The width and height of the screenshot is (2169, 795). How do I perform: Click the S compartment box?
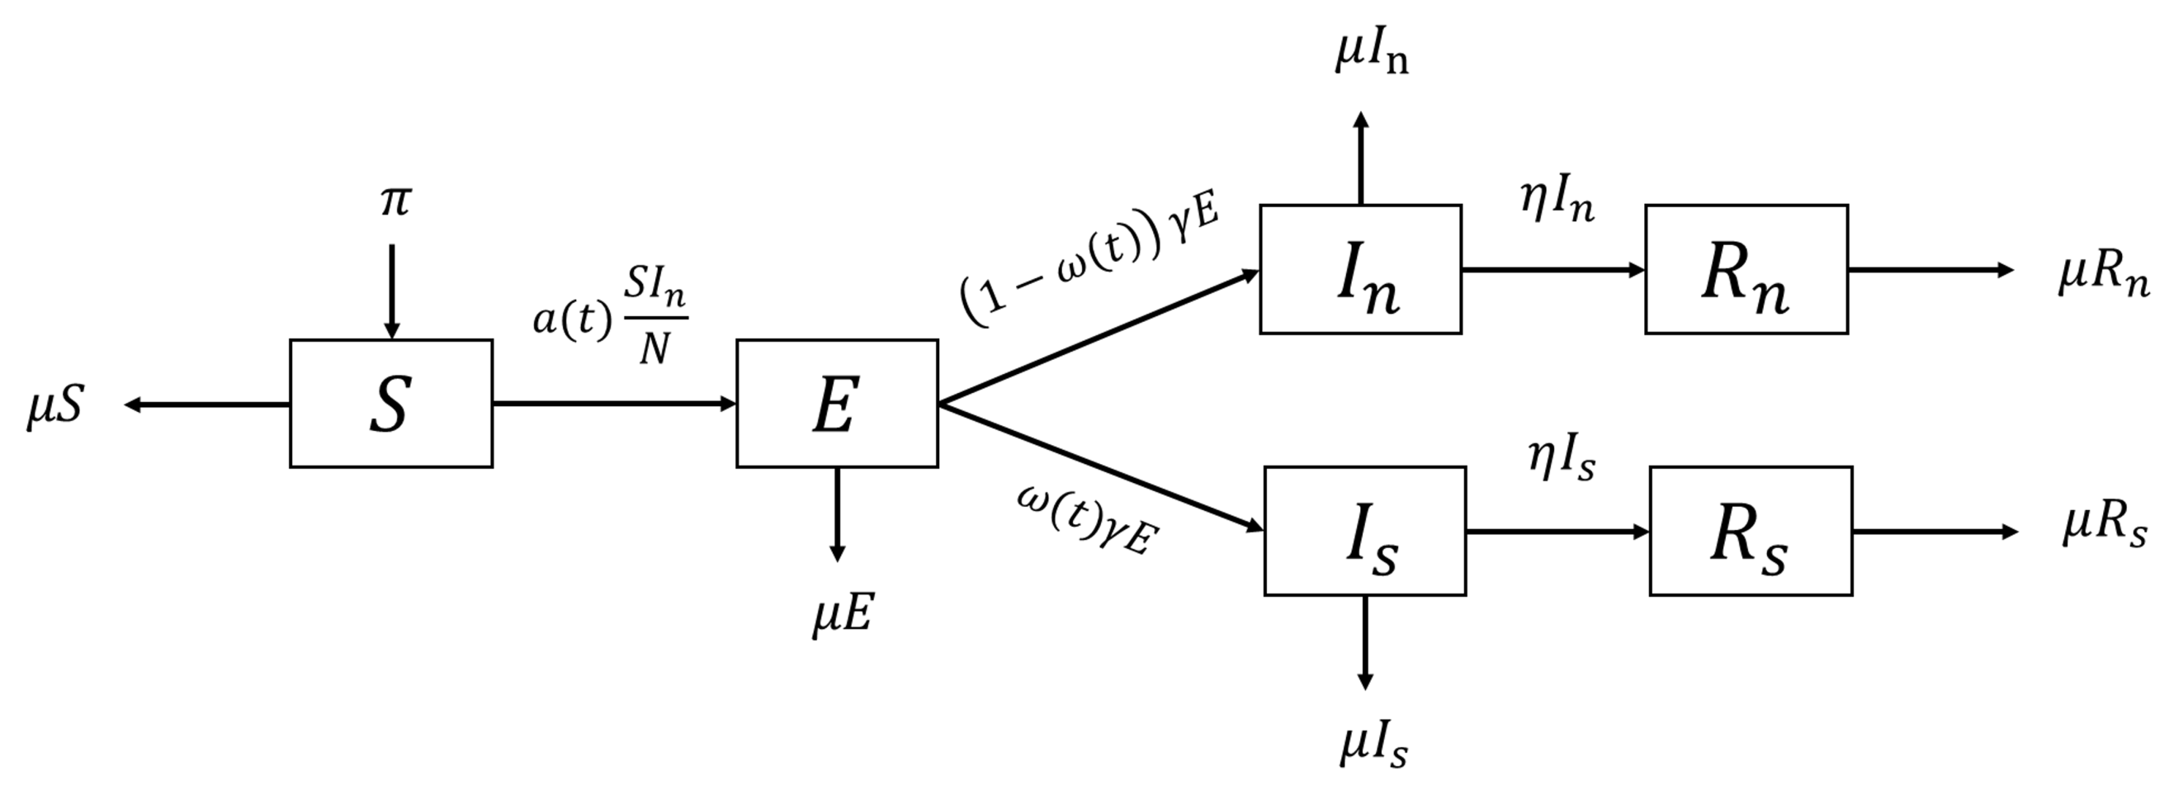pyautogui.click(x=390, y=404)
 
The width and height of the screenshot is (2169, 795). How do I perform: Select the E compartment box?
pyautogui.click(x=836, y=404)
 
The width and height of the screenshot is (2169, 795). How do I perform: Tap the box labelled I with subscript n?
pyautogui.click(x=1360, y=269)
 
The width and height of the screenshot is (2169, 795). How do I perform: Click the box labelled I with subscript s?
pyautogui.click(x=1364, y=532)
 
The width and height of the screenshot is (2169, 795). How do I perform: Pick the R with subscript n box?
pyautogui.click(x=1746, y=269)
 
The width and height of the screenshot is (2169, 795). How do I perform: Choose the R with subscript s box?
pyautogui.click(x=1751, y=532)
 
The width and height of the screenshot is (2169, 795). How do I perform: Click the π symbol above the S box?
pyautogui.click(x=394, y=203)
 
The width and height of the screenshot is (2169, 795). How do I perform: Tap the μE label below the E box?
pyautogui.click(x=842, y=614)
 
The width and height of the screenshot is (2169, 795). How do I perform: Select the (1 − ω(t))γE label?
pyautogui.click(x=1090, y=262)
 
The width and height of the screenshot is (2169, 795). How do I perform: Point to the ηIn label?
pyautogui.click(x=1557, y=202)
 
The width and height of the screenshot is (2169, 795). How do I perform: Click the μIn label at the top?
pyautogui.click(x=1371, y=54)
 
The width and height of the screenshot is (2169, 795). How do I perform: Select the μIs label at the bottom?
pyautogui.click(x=1373, y=746)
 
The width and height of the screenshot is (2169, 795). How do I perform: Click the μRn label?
pyautogui.click(x=2102, y=275)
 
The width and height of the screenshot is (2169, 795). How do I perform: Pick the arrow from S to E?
pyautogui.click(x=614, y=405)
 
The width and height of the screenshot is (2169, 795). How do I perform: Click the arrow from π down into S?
pyautogui.click(x=391, y=291)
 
